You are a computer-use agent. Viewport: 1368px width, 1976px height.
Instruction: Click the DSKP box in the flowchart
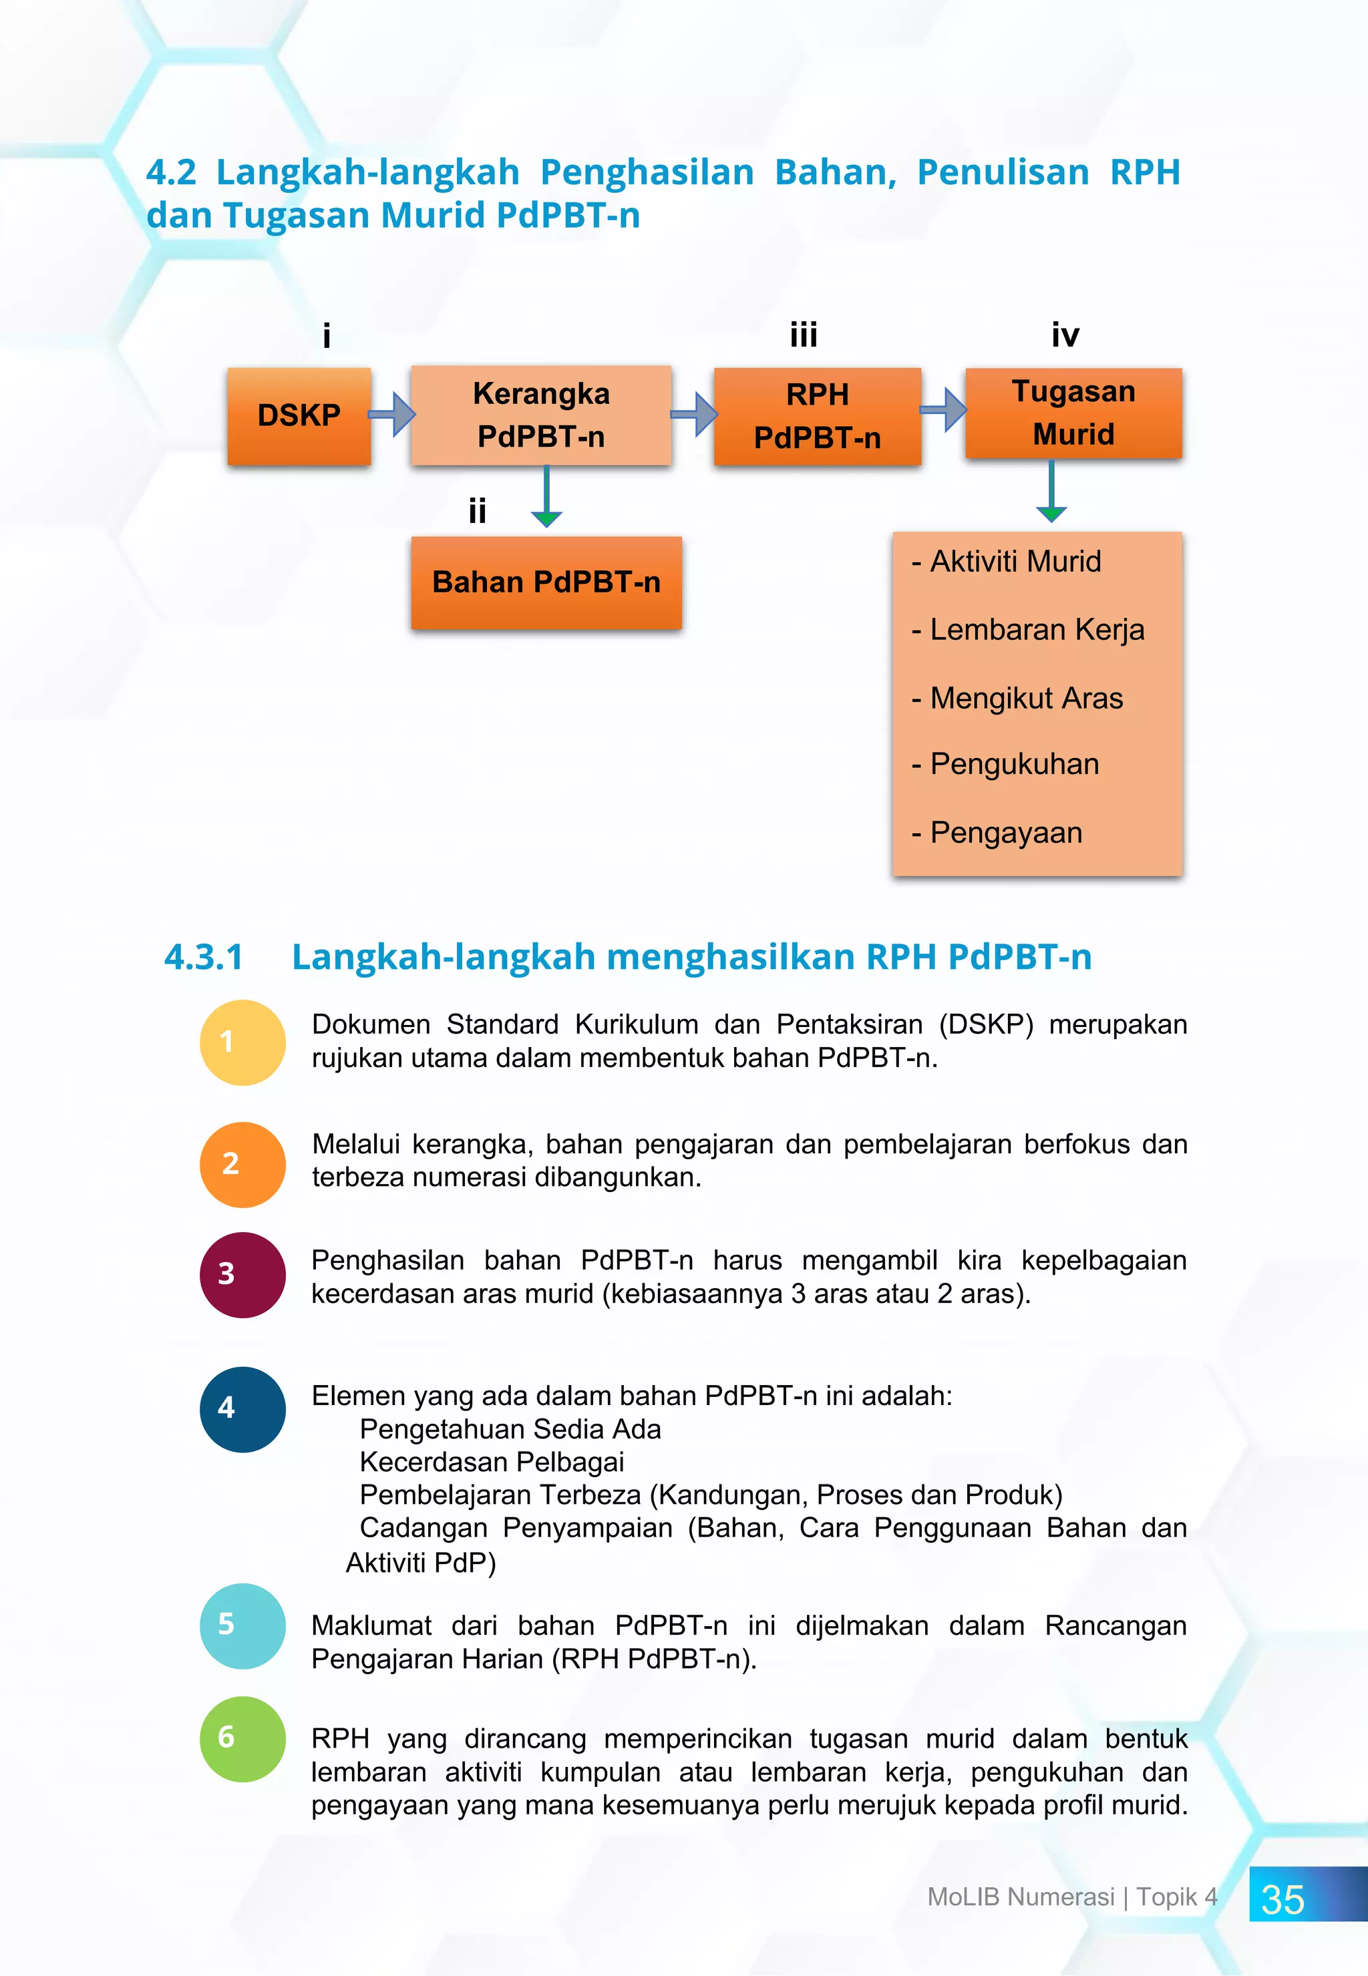[x=299, y=417]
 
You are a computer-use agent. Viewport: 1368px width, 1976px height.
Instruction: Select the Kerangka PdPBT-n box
[x=541, y=415]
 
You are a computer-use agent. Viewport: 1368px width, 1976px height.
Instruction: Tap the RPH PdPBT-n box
[x=817, y=417]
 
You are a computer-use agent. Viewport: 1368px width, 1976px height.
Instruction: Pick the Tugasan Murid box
[x=1073, y=413]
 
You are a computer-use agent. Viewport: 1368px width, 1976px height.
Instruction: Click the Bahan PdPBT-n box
[x=546, y=583]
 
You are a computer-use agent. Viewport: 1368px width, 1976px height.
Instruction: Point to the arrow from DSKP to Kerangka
[x=393, y=415]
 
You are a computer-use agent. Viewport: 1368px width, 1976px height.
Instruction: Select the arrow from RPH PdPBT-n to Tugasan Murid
[x=944, y=409]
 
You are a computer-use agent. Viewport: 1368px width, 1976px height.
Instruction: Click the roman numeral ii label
[x=478, y=512]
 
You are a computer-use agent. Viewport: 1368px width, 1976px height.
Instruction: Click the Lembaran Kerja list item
[x=1036, y=630]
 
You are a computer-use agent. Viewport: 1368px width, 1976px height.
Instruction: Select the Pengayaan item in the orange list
[x=1005, y=833]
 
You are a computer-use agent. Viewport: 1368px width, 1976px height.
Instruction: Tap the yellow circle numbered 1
[x=242, y=1042]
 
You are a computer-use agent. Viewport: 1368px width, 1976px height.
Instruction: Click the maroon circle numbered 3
[x=242, y=1274]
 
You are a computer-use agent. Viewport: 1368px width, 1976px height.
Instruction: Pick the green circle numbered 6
[x=242, y=1739]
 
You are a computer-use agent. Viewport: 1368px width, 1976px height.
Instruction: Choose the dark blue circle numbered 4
[x=242, y=1409]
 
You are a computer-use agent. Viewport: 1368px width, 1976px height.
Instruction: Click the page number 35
[x=1282, y=1900]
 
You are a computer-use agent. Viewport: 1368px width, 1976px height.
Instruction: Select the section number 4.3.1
[x=204, y=957]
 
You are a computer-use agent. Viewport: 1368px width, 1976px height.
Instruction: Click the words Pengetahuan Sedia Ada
[x=510, y=1429]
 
